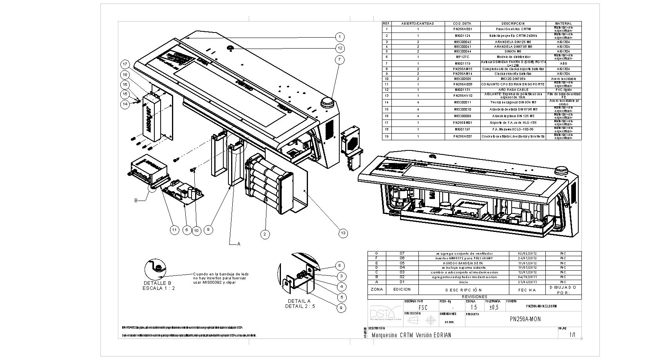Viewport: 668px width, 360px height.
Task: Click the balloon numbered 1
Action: coord(340,37)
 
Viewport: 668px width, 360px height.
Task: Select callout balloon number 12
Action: coord(340,48)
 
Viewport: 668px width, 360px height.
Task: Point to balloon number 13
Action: coord(343,233)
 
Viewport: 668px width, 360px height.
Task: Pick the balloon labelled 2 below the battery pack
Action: coord(265,234)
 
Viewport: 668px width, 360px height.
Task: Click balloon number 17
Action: coord(125,64)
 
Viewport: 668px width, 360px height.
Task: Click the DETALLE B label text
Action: coord(157,283)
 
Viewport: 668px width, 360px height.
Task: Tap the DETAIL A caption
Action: coord(299,301)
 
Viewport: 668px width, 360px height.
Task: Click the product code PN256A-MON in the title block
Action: coord(525,319)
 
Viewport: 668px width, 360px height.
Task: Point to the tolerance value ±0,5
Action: coord(494,308)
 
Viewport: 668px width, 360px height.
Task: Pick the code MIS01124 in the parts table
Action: coord(462,36)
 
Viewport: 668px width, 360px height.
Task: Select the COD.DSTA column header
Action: coord(462,24)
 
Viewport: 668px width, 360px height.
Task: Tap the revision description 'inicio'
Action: coord(463,282)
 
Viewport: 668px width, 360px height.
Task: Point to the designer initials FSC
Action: coord(423,308)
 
